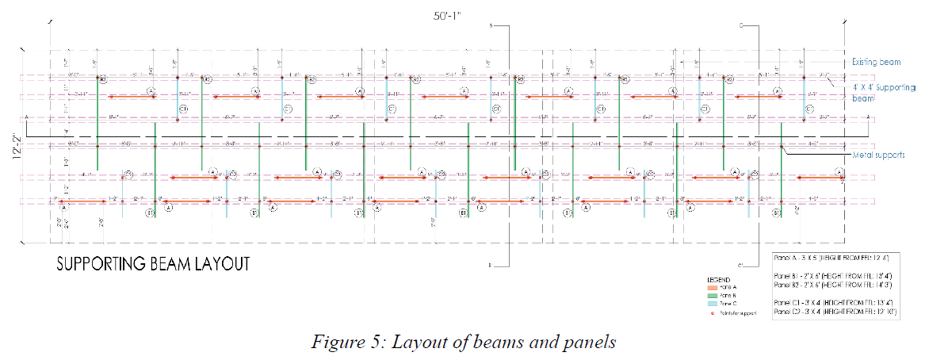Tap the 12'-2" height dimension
click(15, 147)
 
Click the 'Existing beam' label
click(877, 62)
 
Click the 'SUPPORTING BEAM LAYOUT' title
click(152, 263)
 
